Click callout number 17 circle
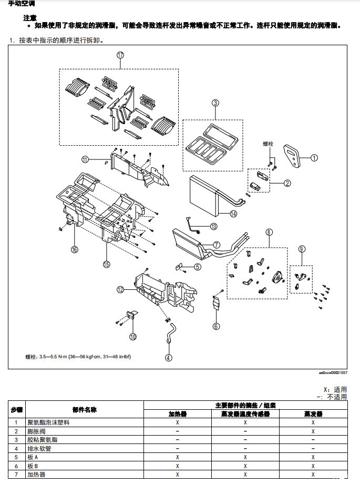point(120,55)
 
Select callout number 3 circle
point(215,103)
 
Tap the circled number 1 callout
point(314,157)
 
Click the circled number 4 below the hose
point(168,358)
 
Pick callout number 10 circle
point(132,336)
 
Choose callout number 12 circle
point(120,289)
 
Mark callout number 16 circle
point(74,249)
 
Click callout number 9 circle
point(302,248)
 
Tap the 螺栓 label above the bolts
point(269,143)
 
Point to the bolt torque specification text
point(78,357)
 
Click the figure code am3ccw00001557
point(333,372)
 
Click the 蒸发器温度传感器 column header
point(245,414)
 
